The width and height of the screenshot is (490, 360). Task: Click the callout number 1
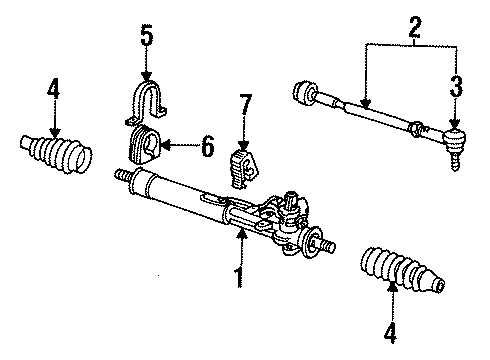click(239, 277)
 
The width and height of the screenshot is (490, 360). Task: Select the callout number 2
click(415, 27)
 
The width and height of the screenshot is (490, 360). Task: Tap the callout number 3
click(456, 87)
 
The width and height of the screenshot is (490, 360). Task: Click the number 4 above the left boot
click(54, 89)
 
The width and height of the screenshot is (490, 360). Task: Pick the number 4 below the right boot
click(390, 333)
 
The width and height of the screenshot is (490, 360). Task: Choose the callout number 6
click(207, 147)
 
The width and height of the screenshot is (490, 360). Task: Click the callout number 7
click(245, 105)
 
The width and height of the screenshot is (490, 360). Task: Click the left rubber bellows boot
click(56, 154)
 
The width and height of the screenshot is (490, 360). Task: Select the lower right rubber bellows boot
click(402, 270)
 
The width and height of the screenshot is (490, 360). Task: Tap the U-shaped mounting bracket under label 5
click(147, 102)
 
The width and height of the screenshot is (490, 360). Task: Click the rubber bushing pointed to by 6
click(144, 145)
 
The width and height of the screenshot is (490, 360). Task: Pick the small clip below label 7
click(244, 169)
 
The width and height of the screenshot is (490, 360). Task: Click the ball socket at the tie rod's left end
click(304, 92)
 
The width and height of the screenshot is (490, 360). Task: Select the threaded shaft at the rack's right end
click(326, 245)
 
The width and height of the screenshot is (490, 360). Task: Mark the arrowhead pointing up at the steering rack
click(242, 235)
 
